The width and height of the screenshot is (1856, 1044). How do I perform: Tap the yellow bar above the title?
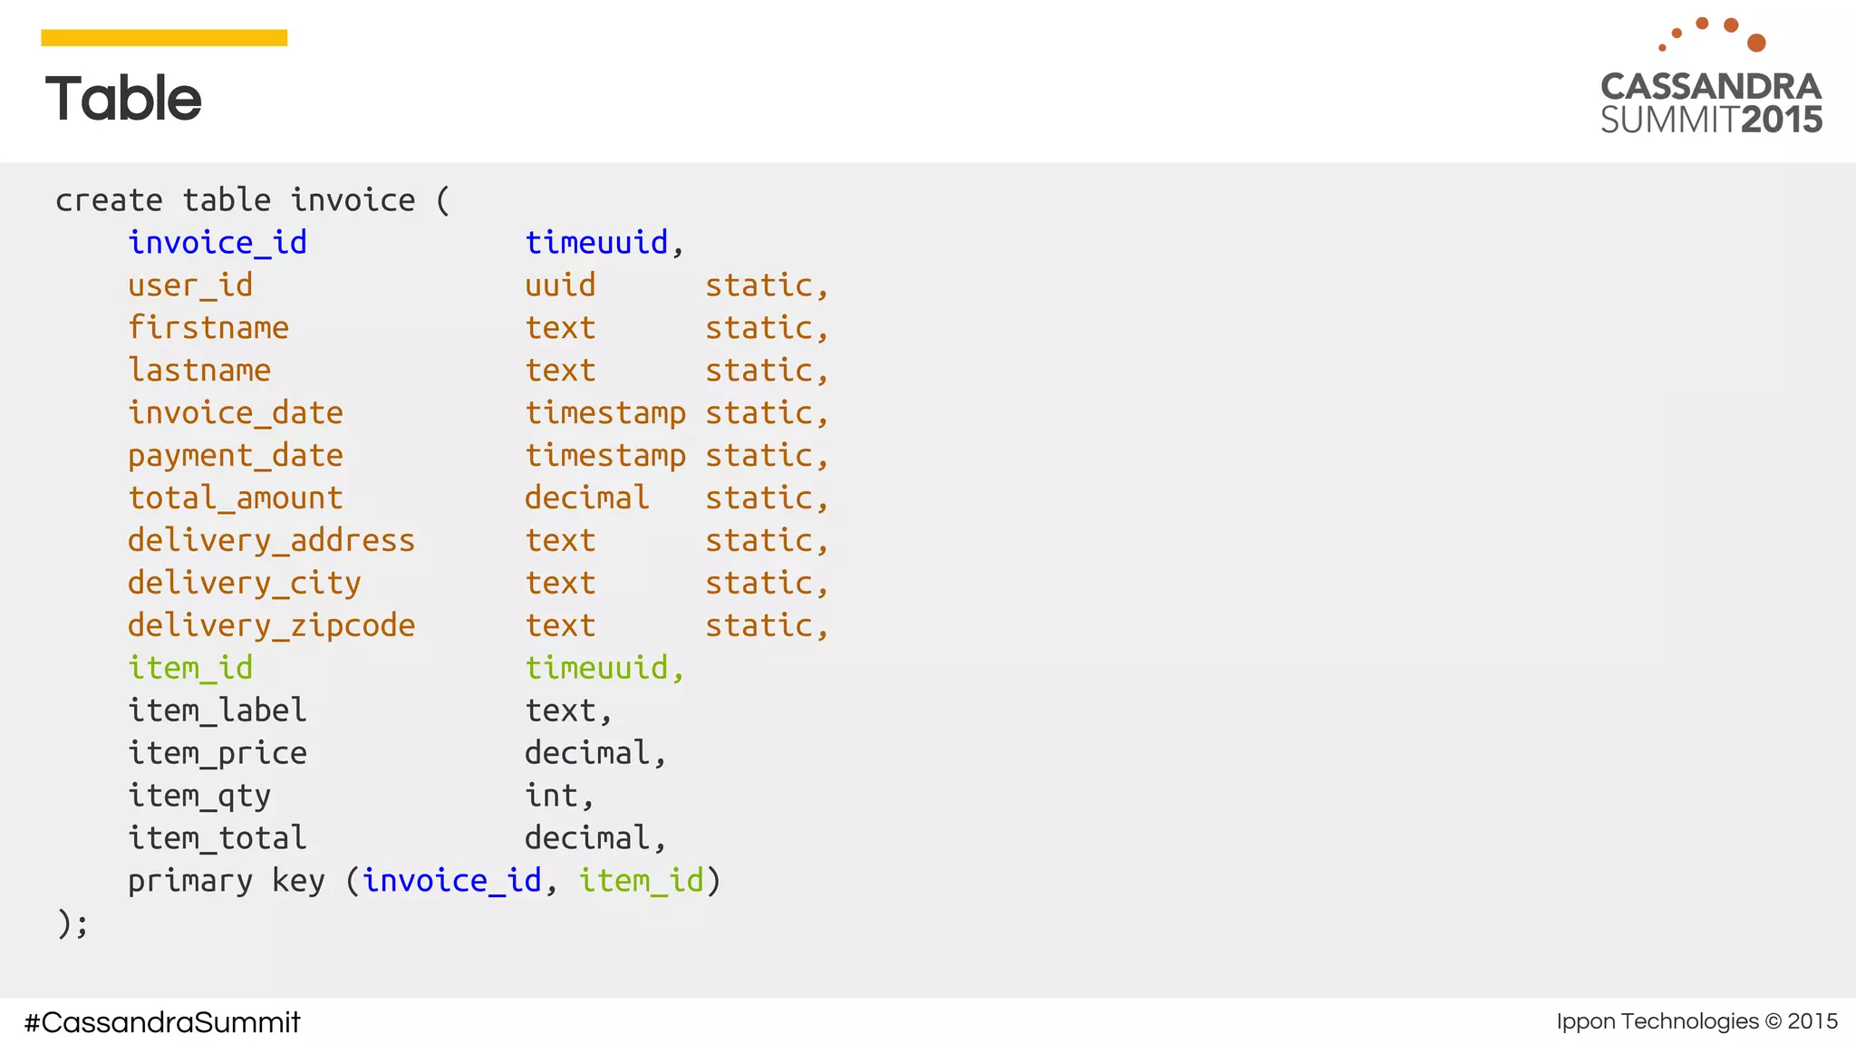(x=164, y=37)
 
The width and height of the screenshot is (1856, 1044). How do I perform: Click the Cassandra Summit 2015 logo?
(x=1711, y=79)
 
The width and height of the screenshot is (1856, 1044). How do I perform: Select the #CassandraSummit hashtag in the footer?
(x=162, y=1022)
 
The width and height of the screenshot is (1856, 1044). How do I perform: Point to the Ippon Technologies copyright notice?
(x=1696, y=1021)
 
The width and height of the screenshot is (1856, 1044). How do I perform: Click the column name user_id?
(x=190, y=285)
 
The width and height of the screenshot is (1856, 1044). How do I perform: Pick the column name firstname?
(x=208, y=327)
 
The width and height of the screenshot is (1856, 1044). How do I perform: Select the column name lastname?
(x=199, y=370)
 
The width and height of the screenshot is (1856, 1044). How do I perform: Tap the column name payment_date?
(x=236, y=455)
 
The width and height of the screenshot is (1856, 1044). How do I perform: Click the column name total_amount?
(x=236, y=498)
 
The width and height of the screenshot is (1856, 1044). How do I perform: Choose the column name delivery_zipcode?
(x=271, y=625)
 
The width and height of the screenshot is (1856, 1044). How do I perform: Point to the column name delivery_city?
(x=245, y=583)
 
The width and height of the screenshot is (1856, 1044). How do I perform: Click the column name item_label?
(x=217, y=710)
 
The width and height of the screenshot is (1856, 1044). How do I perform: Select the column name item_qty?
(x=199, y=796)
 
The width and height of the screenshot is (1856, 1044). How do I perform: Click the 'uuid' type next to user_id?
(x=560, y=285)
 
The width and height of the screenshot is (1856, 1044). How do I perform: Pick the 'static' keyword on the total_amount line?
(x=759, y=498)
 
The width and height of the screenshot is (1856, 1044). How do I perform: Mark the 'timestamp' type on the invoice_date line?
(x=605, y=413)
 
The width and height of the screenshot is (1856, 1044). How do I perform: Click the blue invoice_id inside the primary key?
(x=451, y=880)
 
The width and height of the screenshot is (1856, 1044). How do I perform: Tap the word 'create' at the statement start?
(x=109, y=200)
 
